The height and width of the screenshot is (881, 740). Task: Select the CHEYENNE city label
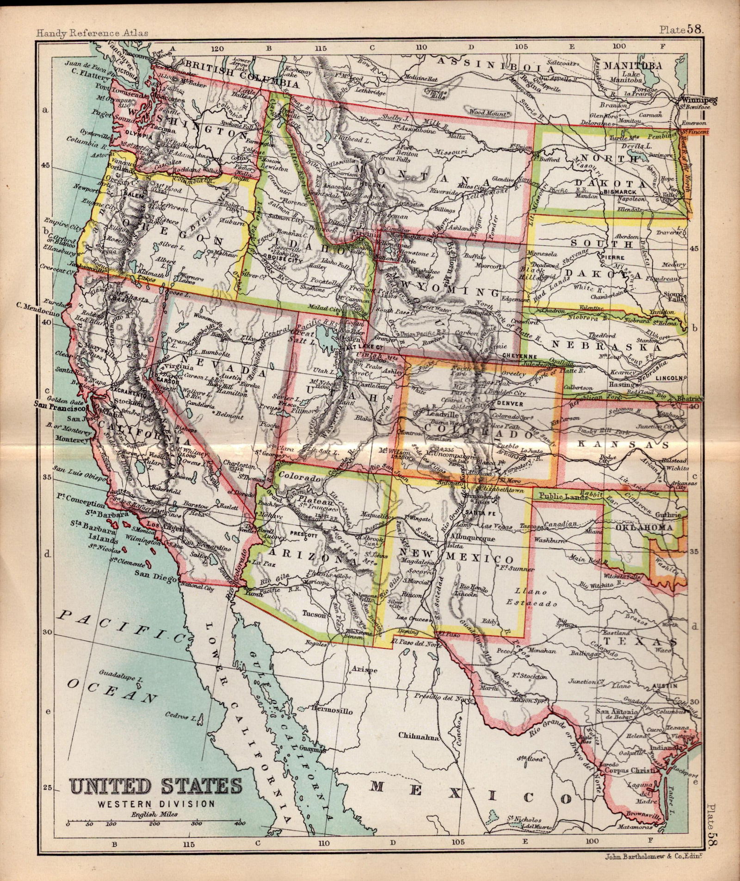520,356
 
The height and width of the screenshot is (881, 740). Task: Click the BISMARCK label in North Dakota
632,191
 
